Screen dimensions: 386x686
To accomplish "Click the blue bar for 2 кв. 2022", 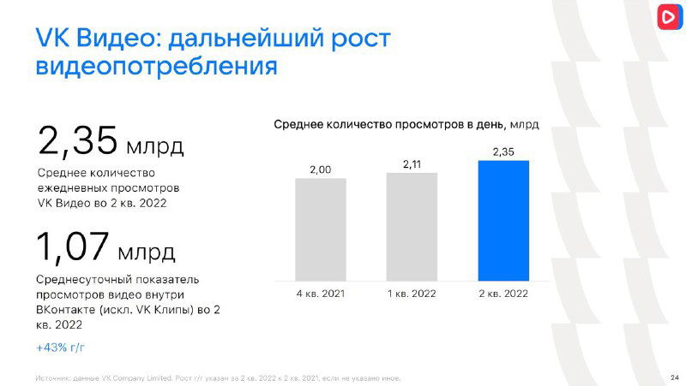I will click(503, 220).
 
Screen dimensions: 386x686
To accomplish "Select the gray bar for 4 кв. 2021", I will click(321, 229).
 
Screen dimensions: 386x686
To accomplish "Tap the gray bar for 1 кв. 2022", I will click(412, 227).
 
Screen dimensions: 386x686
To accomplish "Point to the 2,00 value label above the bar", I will click(321, 169).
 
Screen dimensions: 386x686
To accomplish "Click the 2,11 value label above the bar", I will click(412, 163).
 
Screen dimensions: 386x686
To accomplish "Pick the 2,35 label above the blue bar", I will click(503, 151).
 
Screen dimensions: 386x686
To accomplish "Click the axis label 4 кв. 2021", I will click(321, 293).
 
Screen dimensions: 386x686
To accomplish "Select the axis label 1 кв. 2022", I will click(412, 293).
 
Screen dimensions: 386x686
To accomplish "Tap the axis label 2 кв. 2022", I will click(503, 293).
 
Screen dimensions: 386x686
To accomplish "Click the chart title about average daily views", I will click(406, 124).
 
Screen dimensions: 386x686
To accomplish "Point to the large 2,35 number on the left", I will click(77, 141).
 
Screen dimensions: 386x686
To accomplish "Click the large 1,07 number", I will click(73, 247).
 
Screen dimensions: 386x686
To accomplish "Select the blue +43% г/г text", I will click(61, 347).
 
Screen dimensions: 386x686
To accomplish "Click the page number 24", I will click(673, 377).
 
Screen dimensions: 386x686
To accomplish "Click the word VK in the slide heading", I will click(53, 38).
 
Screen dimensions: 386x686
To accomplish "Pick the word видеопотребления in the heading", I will click(157, 66).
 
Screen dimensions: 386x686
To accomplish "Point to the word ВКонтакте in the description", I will click(67, 310).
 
